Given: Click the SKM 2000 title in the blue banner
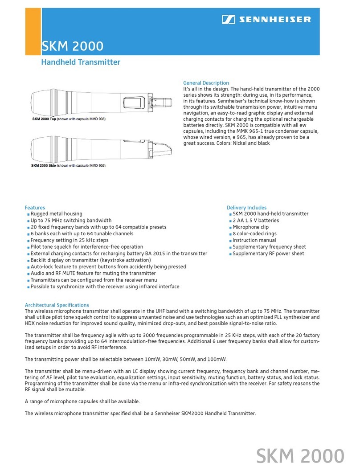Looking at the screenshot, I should tap(72, 46).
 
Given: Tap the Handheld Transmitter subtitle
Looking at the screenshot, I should tap(81, 62).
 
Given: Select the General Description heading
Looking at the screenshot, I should tap(206, 83).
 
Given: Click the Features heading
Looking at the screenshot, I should tap(35, 208).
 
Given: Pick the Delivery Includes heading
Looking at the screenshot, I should tap(246, 208).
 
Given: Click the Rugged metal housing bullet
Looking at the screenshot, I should tap(56, 214).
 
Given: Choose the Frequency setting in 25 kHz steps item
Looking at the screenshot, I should tap(69, 240).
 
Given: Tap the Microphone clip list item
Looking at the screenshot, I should tap(250, 227).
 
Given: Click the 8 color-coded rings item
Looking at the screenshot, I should tap(254, 234).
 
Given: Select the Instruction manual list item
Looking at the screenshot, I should tap(254, 240).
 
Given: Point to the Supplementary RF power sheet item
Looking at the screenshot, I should tap(268, 254).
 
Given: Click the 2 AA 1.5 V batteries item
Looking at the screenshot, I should tap(256, 221).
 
